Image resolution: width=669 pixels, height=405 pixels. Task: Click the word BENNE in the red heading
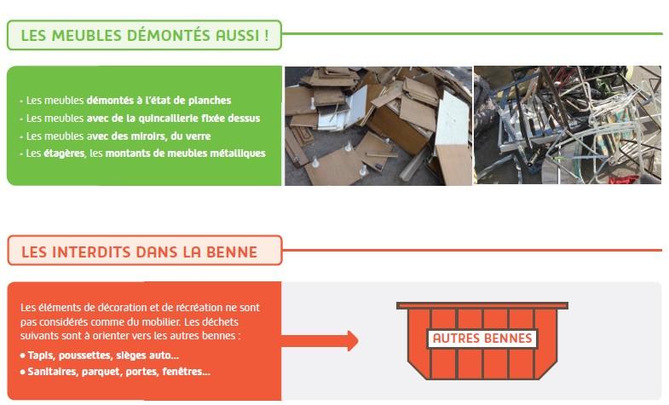pyautogui.click(x=232, y=252)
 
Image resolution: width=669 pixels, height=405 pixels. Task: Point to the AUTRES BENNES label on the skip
pyautogui.click(x=482, y=338)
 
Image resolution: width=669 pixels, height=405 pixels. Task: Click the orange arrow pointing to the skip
pyautogui.click(x=320, y=340)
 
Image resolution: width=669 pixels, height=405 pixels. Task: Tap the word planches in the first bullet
pyautogui.click(x=210, y=101)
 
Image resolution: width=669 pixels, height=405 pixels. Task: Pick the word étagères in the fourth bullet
pyautogui.click(x=64, y=153)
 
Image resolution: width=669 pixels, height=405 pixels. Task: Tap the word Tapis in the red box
pyautogui.click(x=42, y=356)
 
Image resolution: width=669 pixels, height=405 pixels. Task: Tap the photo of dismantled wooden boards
pyautogui.click(x=378, y=125)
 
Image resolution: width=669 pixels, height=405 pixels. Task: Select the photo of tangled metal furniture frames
pyautogui.click(x=568, y=125)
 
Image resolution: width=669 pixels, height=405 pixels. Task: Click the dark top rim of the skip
pyautogui.click(x=482, y=305)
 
